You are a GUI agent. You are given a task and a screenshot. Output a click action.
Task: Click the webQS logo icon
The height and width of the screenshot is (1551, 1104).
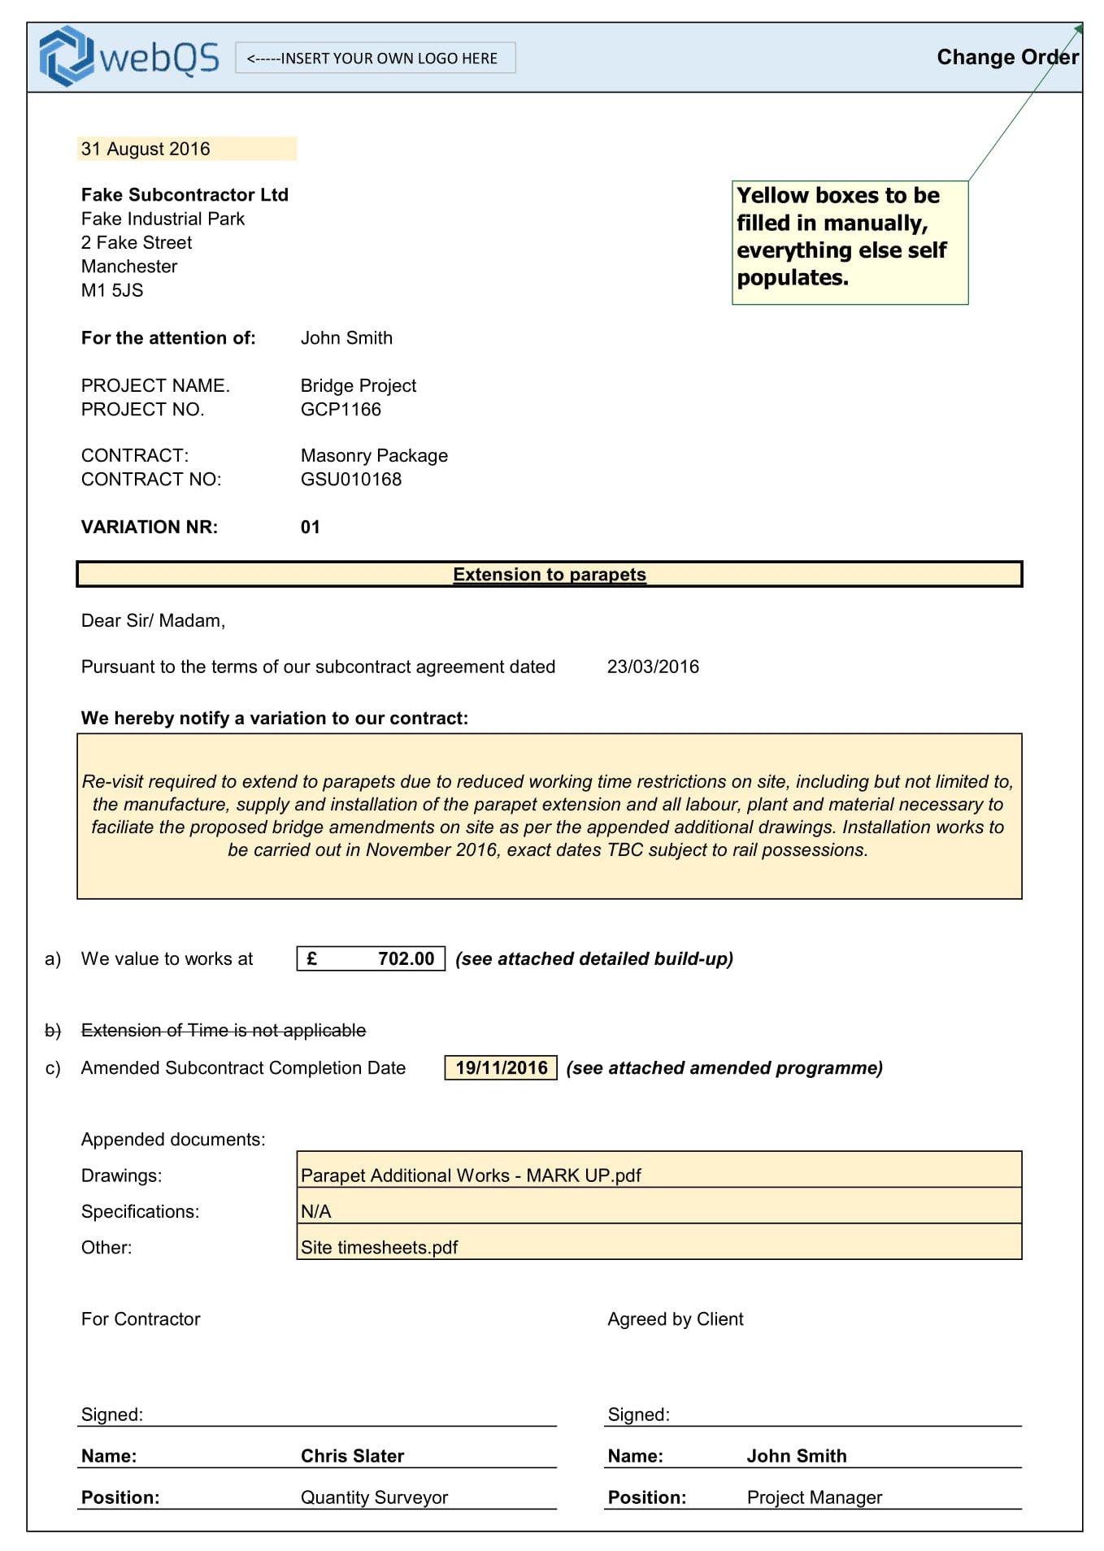(66, 56)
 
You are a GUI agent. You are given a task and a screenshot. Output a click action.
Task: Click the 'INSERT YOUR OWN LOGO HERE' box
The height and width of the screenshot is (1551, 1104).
(375, 58)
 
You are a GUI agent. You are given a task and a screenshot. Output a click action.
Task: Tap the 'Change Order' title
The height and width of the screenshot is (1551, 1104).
(1006, 57)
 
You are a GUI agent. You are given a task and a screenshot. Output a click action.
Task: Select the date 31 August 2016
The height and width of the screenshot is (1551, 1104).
(146, 149)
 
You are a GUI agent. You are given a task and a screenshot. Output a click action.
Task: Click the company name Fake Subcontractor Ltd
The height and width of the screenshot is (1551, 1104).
(185, 195)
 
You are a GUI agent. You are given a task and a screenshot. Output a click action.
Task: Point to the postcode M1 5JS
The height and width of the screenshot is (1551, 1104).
(112, 290)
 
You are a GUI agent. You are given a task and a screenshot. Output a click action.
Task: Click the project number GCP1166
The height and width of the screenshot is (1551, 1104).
(341, 409)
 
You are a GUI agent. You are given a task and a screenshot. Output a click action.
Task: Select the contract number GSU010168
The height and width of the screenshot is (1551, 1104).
(351, 479)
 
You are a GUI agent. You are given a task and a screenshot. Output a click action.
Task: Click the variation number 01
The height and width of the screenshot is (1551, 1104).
(311, 527)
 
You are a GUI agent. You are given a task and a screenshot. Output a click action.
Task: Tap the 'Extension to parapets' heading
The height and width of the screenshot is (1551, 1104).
(550, 574)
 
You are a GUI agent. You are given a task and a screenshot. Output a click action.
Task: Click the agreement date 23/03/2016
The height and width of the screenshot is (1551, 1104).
(653, 667)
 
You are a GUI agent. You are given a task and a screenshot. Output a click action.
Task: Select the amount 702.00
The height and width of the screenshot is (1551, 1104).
(405, 958)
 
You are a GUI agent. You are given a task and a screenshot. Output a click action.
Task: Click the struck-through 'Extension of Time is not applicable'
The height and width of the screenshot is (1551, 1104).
(224, 1030)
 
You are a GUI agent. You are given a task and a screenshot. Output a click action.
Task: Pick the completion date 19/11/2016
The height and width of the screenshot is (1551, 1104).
(501, 1067)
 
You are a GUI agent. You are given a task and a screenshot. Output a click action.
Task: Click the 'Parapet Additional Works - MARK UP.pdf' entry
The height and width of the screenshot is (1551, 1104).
(471, 1175)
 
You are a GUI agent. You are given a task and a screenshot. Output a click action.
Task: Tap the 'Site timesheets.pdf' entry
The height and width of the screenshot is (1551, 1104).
(380, 1247)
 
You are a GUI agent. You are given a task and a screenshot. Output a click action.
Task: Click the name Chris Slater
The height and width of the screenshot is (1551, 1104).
(352, 1455)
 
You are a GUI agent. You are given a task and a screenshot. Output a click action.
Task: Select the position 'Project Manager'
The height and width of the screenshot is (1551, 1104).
(814, 1497)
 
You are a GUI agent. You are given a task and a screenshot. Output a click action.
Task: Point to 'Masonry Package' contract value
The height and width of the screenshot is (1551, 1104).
(374, 455)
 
